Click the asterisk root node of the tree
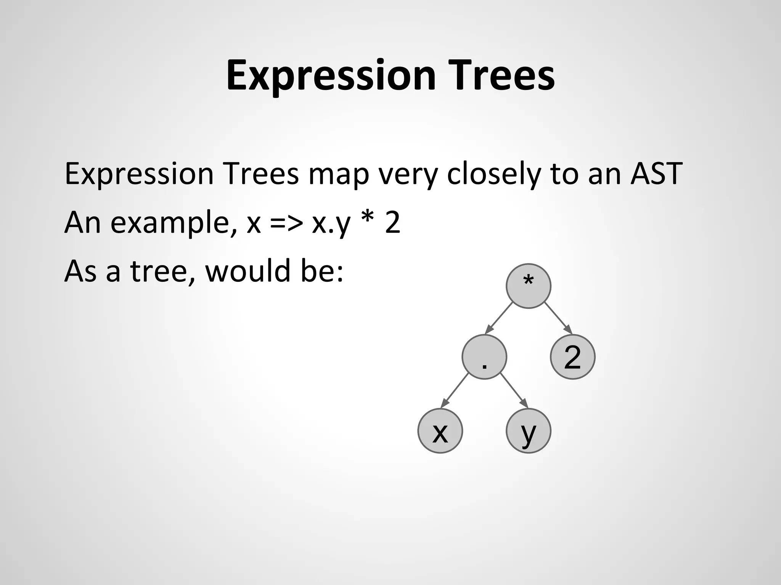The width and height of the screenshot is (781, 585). pos(528,286)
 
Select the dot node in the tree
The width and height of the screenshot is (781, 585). pos(484,357)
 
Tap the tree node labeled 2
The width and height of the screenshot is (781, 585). pos(572,357)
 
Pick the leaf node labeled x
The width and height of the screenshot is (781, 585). pos(440,431)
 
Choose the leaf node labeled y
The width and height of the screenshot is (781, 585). pos(528,431)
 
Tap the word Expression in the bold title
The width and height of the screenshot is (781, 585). pos(331,76)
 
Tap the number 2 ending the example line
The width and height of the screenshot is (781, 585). pos(392,222)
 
